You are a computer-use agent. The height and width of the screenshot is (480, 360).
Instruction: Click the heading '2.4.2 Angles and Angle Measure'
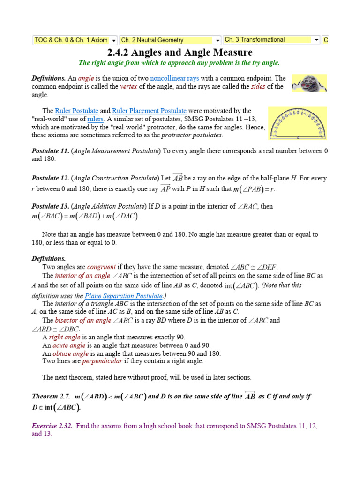pyautogui.click(x=180, y=52)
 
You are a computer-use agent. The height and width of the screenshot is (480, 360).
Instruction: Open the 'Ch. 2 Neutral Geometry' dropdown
pyautogui.click(x=170, y=40)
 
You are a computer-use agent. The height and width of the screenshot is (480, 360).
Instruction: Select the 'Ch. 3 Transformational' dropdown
pyautogui.click(x=271, y=40)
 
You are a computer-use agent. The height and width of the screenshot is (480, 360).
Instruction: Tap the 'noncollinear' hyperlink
pyautogui.click(x=167, y=78)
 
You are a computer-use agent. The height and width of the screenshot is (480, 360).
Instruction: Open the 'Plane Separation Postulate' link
pyautogui.click(x=124, y=296)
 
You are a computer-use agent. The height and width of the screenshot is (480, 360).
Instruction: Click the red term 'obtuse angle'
pyautogui.click(x=73, y=353)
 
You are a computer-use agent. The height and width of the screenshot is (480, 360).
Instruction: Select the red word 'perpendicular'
pyautogui.click(x=102, y=361)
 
